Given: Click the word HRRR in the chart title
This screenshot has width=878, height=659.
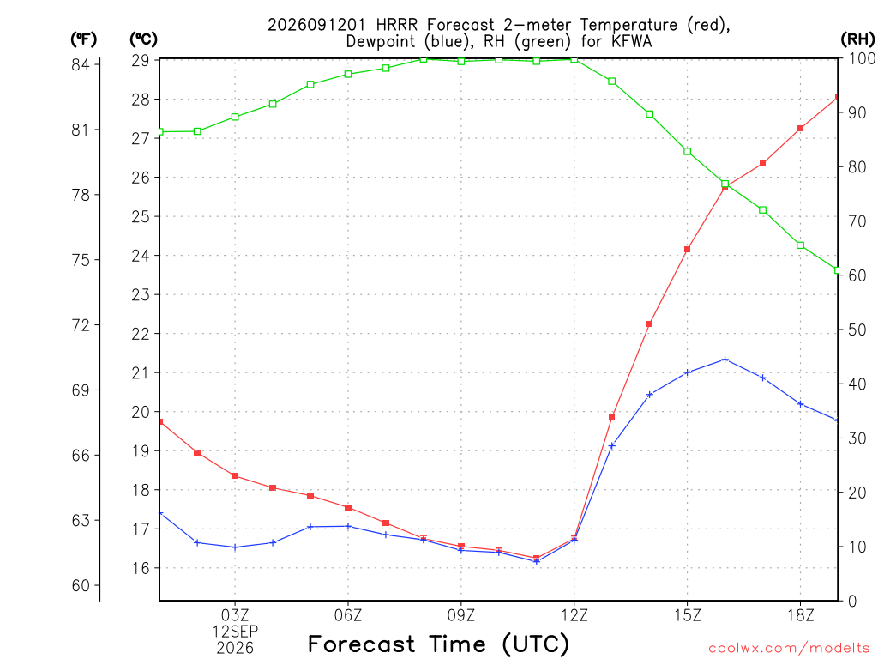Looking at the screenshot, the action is [x=397, y=25].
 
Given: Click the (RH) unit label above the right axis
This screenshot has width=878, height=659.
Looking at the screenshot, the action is [x=857, y=39].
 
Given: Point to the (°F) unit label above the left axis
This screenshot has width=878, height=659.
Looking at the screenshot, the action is [x=83, y=39].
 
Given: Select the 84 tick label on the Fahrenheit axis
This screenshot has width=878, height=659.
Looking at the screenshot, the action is [x=81, y=65].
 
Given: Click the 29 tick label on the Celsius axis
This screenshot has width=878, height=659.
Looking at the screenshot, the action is [x=141, y=61].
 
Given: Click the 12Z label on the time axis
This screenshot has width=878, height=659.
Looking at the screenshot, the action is [x=574, y=615].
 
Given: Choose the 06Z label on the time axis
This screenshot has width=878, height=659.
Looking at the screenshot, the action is [x=348, y=615].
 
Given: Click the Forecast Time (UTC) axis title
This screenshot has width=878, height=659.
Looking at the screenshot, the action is [x=438, y=644].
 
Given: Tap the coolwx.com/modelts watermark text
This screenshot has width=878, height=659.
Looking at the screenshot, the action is [x=789, y=649].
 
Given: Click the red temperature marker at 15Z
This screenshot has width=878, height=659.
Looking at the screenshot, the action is [x=688, y=250].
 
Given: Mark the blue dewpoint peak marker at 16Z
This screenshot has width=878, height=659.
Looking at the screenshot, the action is [x=725, y=360].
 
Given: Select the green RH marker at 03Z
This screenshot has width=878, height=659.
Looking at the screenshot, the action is [x=235, y=117].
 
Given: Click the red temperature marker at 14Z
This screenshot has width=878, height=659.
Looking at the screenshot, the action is [x=650, y=323].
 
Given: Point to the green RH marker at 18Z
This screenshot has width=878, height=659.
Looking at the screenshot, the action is [x=801, y=245].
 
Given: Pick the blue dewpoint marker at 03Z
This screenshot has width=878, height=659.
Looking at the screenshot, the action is [x=235, y=547].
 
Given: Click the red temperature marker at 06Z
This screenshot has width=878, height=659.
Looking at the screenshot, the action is [x=348, y=508].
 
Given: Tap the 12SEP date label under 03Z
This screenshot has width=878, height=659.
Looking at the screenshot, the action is [x=235, y=632].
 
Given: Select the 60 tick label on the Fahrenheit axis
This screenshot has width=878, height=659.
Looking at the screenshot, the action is [x=81, y=585].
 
